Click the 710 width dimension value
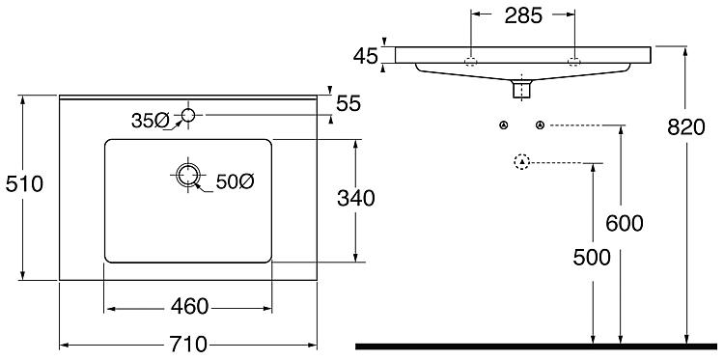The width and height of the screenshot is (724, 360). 188,345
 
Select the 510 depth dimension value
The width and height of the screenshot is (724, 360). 24,184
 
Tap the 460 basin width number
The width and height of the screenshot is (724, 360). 190,307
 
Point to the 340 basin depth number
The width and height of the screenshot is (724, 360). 355,199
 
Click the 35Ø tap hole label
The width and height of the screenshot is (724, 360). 150,121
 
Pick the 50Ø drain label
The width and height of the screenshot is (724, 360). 235,182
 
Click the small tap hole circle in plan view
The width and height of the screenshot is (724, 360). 188,115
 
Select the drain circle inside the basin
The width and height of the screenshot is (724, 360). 188,175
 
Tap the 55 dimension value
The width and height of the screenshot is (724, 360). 348,104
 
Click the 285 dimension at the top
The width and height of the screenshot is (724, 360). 523,16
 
